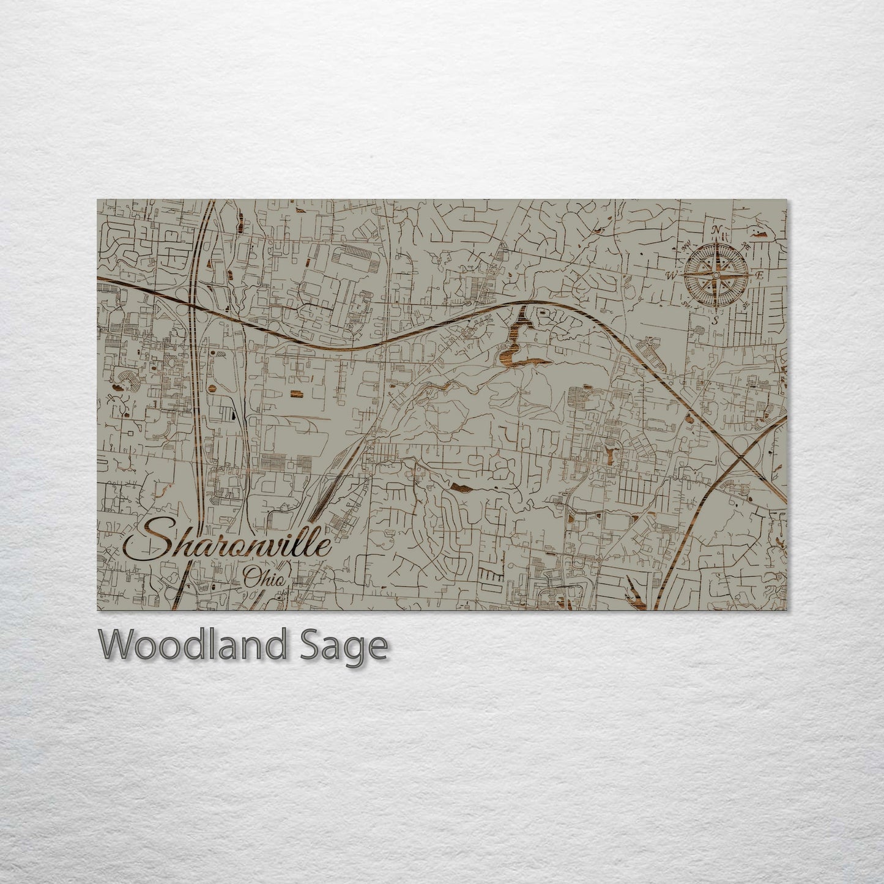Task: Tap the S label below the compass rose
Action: [714, 320]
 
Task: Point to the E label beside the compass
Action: [759, 276]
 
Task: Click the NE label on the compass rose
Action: [746, 246]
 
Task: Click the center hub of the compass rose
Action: [715, 275]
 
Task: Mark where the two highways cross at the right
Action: [741, 456]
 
